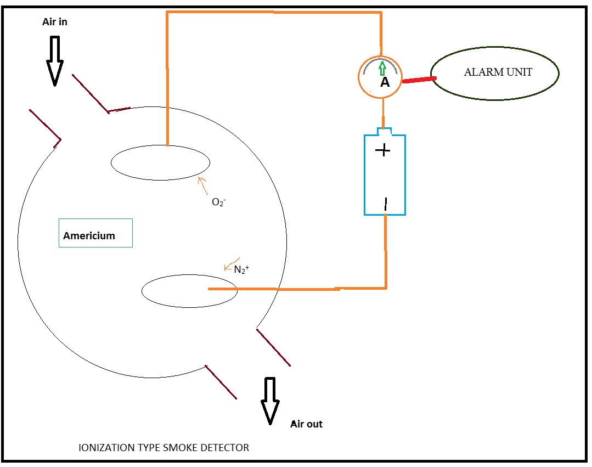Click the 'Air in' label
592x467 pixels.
tap(55, 22)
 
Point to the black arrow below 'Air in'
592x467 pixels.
tap(55, 61)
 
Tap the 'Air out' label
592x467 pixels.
tap(306, 424)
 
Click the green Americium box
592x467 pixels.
tap(95, 233)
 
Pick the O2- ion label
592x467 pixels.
tap(218, 202)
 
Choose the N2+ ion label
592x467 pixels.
tap(241, 269)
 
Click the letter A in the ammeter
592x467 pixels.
tap(385, 82)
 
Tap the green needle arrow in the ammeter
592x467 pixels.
tap(382, 68)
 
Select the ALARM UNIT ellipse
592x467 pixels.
tap(494, 74)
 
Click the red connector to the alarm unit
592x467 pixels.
tap(419, 80)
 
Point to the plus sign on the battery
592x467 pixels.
tap(383, 150)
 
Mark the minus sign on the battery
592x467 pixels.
tap(385, 204)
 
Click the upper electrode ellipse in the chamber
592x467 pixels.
tap(160, 163)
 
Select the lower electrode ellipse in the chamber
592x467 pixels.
tap(189, 291)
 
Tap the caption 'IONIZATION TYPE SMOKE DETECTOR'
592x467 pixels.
tap(164, 447)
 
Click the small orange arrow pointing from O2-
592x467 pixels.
tap(202, 185)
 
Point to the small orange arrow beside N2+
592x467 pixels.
tap(232, 265)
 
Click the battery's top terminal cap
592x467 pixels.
tap(385, 131)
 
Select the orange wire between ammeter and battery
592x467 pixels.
tap(383, 113)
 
